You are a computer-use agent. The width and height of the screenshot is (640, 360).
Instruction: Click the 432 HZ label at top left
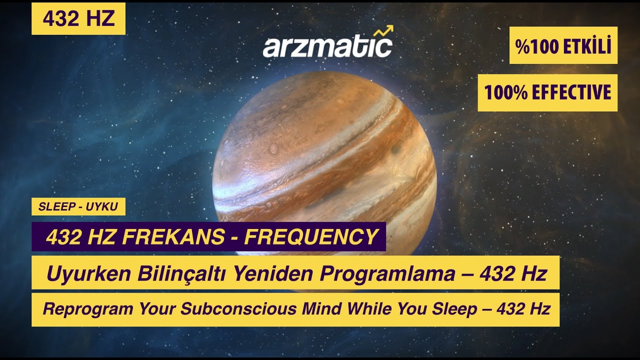pos(78,19)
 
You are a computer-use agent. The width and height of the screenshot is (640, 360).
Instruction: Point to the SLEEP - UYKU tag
pos(78,206)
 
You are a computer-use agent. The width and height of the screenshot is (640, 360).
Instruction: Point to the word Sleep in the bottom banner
pos(456,309)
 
